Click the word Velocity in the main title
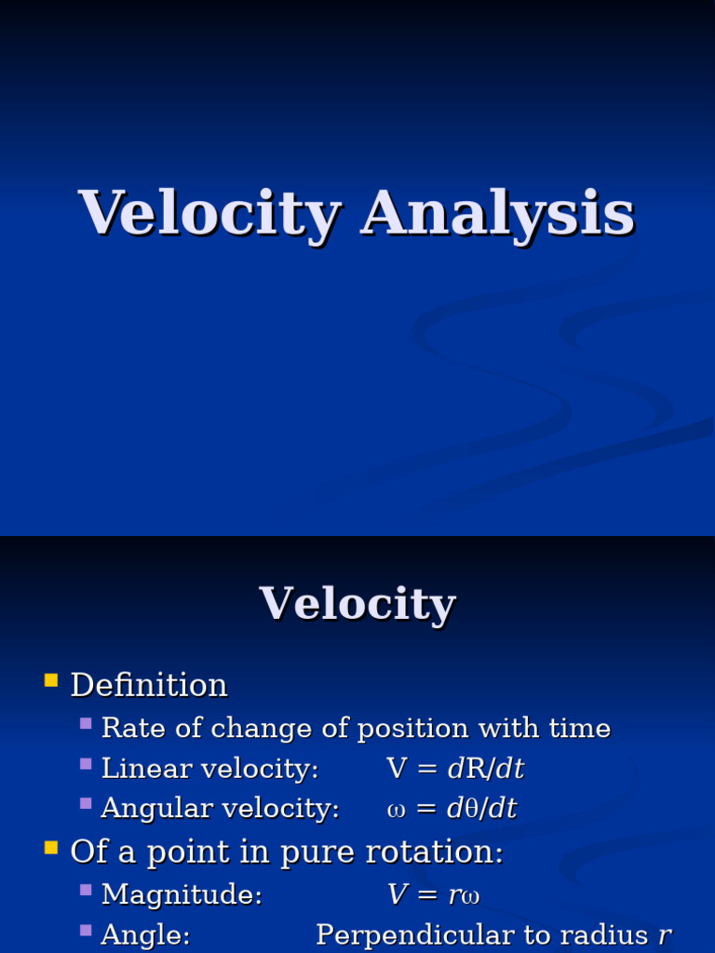209,213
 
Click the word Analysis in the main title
498,213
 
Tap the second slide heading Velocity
357,604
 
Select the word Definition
149,686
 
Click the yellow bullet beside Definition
51,682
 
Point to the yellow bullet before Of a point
51,848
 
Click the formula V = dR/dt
455,769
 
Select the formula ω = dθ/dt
452,809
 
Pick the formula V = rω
434,895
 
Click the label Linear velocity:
209,769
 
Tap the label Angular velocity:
220,809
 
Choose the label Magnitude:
182,895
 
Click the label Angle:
145,935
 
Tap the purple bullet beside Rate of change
86,723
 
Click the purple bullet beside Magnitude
86,891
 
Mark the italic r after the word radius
665,935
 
